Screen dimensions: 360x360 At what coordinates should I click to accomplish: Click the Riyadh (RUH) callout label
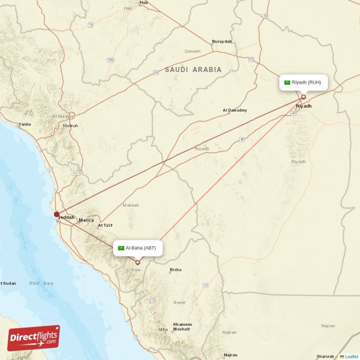pyautogui.click(x=303, y=82)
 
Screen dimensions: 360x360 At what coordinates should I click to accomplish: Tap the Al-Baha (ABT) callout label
pyautogui.click(x=138, y=248)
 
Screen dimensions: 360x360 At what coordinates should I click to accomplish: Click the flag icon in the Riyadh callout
pyautogui.click(x=287, y=82)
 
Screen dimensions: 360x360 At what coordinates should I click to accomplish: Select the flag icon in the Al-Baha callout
pyautogui.click(x=121, y=248)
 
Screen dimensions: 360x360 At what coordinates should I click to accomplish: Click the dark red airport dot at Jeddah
pyautogui.click(x=57, y=215)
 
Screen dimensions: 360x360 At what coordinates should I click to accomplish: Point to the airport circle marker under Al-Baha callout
pyautogui.click(x=138, y=262)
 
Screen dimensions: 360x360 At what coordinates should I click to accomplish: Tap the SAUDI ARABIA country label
pyautogui.click(x=193, y=70)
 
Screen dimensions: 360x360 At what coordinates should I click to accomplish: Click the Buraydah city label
pyautogui.click(x=222, y=41)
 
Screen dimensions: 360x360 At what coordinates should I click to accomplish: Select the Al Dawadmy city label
pyautogui.click(x=235, y=110)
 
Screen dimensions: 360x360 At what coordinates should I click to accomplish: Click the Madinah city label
pyautogui.click(x=70, y=126)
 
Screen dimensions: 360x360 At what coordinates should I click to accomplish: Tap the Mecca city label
pyautogui.click(x=86, y=220)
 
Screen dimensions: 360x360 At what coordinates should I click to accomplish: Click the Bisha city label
pyautogui.click(x=175, y=270)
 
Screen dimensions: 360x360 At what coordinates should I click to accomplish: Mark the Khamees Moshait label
pyautogui.click(x=183, y=327)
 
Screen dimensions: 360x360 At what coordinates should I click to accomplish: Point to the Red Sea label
pyautogui.click(x=41, y=283)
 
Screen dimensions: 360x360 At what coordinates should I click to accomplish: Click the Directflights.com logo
pyautogui.click(x=34, y=338)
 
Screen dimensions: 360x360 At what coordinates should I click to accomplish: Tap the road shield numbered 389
pyautogui.click(x=110, y=60)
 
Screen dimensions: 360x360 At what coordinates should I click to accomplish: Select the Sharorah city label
pyautogui.click(x=325, y=356)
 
